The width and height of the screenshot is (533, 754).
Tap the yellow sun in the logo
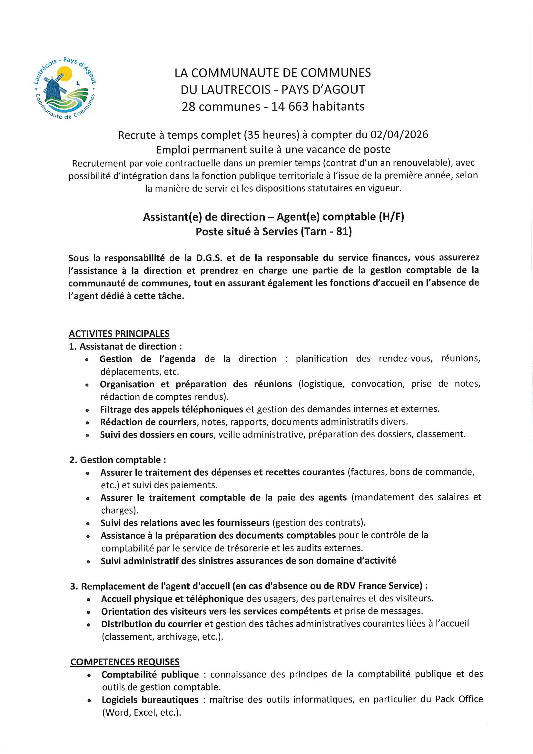tap(65, 74)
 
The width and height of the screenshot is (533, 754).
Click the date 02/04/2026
tap(399, 135)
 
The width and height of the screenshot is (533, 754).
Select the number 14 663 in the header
tap(290, 106)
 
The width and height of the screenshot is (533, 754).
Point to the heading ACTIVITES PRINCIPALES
tap(119, 334)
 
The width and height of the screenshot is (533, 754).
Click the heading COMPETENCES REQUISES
tap(125, 662)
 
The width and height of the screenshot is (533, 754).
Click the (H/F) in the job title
tap(391, 217)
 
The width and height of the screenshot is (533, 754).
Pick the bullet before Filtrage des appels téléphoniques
tap(87, 410)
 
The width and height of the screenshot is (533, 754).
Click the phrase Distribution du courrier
tap(152, 624)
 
